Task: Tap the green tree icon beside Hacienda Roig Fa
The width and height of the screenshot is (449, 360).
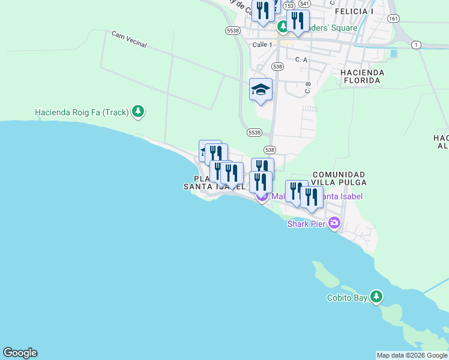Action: click(x=139, y=112)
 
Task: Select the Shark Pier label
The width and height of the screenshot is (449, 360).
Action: click(x=306, y=224)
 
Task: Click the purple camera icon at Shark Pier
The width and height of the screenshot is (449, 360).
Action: click(x=334, y=224)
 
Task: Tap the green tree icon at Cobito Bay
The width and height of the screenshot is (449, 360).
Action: click(x=376, y=296)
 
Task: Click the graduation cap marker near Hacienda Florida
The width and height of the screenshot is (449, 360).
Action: click(x=261, y=90)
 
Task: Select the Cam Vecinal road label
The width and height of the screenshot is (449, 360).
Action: click(x=129, y=40)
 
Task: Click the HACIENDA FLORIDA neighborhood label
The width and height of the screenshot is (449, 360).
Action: click(x=361, y=76)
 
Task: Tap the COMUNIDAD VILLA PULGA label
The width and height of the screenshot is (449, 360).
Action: click(x=338, y=178)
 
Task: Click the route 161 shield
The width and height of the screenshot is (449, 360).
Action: click(x=394, y=19)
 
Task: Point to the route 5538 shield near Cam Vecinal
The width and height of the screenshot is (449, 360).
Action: click(x=234, y=30)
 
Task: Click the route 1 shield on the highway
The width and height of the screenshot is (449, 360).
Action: click(x=417, y=45)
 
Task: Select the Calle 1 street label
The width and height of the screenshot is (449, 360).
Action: click(x=262, y=45)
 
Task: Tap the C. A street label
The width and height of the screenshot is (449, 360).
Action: click(x=301, y=59)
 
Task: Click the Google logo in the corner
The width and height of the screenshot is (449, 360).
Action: click(x=20, y=353)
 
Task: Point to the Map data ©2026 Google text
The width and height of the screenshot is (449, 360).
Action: click(x=411, y=355)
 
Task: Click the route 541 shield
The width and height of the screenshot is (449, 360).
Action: click(x=305, y=3)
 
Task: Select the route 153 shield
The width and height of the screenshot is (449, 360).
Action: click(x=289, y=5)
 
